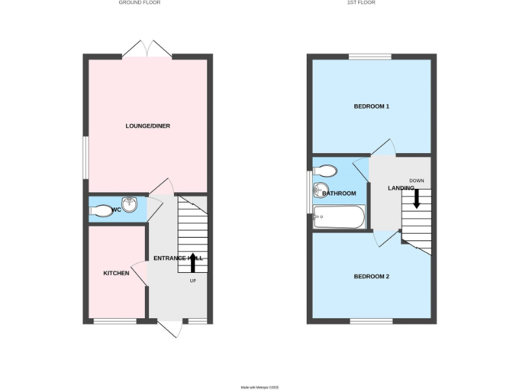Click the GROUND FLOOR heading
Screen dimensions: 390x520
[x=139, y=3]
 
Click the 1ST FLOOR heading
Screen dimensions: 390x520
[x=361, y=3]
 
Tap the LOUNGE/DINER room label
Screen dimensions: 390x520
[x=147, y=126]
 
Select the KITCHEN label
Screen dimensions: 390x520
[x=116, y=273]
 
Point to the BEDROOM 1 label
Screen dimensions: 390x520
[x=372, y=106]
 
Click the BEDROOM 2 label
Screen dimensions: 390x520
[x=372, y=276]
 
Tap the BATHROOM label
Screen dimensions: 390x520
[x=339, y=194]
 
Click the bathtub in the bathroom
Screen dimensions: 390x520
[x=339, y=218]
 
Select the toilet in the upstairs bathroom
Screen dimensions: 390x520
[x=325, y=169]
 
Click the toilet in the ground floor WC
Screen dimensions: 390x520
[x=102, y=211]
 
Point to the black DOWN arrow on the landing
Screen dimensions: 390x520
[x=416, y=197]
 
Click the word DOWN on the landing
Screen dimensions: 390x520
[x=416, y=180]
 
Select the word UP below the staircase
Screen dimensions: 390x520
[x=193, y=280]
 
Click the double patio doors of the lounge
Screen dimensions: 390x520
[x=147, y=49]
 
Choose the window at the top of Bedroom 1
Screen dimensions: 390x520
[x=370, y=56]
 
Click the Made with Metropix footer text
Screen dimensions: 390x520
[x=260, y=387]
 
